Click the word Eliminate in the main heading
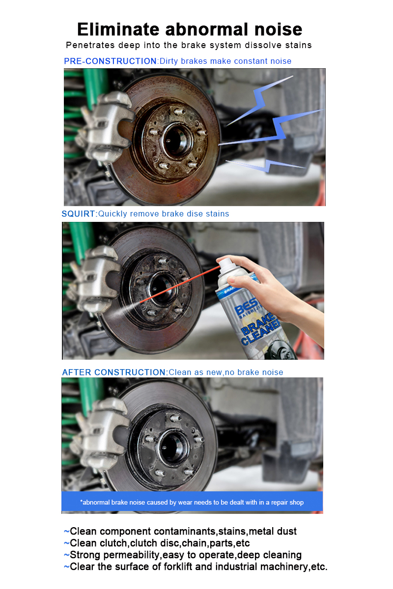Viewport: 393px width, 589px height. coord(118,29)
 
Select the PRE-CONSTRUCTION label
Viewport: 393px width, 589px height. coord(111,61)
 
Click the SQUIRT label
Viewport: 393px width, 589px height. coord(78,214)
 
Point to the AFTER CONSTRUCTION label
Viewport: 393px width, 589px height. coord(113,373)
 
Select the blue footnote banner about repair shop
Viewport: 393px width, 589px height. coord(192,502)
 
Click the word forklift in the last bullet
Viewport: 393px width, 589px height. coord(178,566)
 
